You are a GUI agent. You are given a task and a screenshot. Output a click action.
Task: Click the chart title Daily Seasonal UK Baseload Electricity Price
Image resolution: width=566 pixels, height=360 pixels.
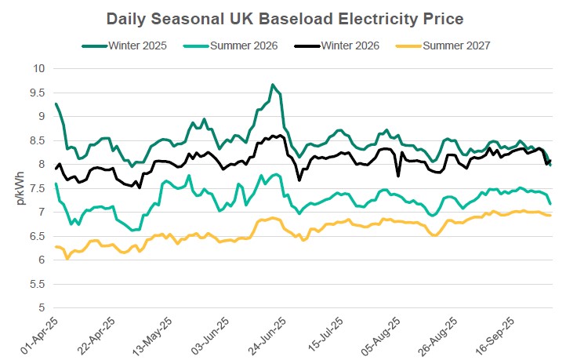(282, 17)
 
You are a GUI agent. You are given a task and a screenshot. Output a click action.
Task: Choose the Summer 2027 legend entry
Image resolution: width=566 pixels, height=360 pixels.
(456, 45)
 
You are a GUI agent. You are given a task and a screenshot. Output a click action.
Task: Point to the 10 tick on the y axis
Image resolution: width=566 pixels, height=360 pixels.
(38, 68)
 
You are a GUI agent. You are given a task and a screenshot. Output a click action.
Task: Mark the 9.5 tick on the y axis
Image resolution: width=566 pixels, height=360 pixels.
(37, 92)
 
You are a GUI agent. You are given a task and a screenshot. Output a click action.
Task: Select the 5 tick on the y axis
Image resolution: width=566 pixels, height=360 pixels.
(41, 307)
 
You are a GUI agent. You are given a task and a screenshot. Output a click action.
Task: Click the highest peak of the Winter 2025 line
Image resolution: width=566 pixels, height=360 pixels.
(272, 85)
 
